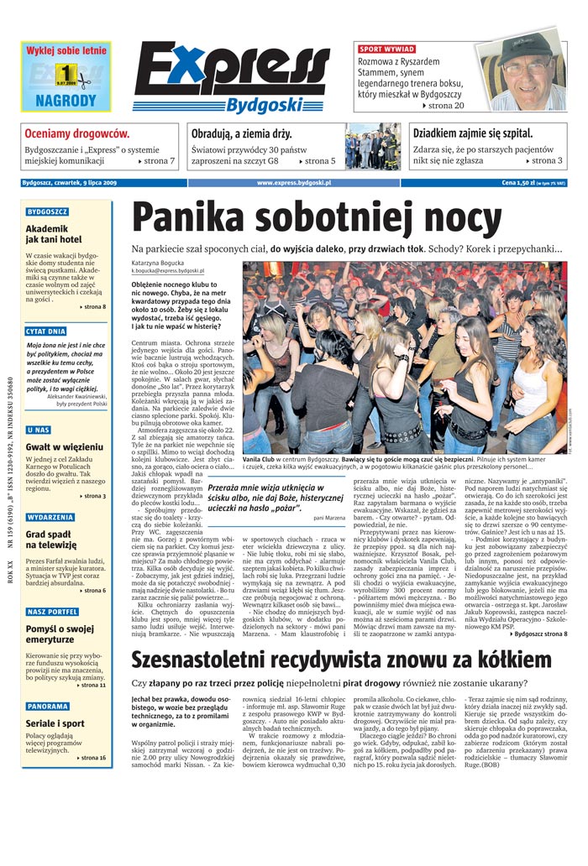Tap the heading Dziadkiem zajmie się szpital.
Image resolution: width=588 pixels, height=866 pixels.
point(471,133)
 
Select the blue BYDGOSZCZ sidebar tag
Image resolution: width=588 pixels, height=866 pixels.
point(47,212)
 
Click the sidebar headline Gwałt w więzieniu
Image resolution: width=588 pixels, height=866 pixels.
point(65,446)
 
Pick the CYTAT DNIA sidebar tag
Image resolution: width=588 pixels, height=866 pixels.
point(46,331)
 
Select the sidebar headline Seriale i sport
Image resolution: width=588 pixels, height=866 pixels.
point(55,723)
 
